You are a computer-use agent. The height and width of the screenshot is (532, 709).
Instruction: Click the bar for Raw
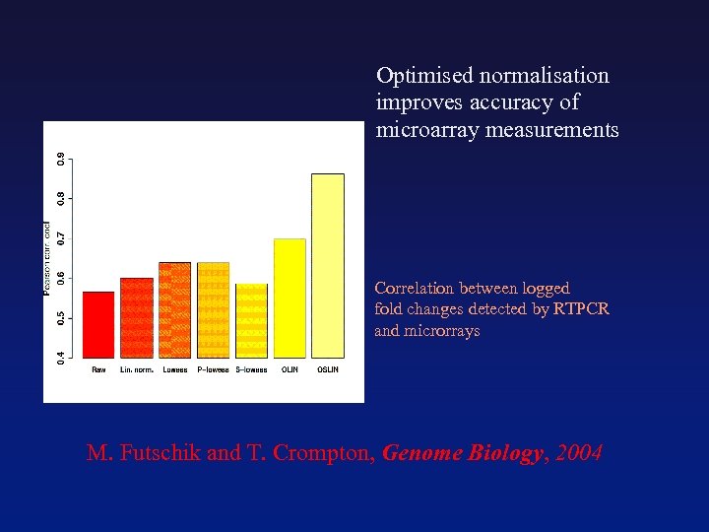click(x=98, y=324)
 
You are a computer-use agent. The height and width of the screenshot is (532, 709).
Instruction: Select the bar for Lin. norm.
click(x=137, y=317)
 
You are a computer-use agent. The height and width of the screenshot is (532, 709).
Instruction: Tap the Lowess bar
click(x=174, y=309)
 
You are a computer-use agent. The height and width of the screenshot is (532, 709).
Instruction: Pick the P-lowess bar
click(x=213, y=309)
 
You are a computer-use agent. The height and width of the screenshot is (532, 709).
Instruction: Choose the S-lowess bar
click(x=251, y=320)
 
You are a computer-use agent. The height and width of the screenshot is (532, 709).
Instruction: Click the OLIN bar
click(x=290, y=298)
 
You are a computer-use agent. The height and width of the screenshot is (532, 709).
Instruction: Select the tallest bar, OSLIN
click(x=328, y=265)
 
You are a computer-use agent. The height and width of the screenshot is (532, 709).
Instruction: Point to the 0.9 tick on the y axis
click(x=61, y=159)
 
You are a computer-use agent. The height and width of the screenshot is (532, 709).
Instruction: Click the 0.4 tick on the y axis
click(x=61, y=355)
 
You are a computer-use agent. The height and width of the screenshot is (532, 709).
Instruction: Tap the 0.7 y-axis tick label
click(x=61, y=237)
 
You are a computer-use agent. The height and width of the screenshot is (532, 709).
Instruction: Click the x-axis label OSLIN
click(x=328, y=370)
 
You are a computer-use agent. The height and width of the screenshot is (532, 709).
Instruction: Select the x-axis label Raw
click(x=98, y=370)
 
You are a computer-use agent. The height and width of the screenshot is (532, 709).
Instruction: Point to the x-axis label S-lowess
click(x=251, y=370)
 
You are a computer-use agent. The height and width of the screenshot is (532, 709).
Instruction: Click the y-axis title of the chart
click(x=46, y=258)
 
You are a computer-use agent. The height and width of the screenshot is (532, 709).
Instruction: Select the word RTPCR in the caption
click(x=581, y=309)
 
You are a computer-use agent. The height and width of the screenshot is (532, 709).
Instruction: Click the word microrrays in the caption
click(x=443, y=331)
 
